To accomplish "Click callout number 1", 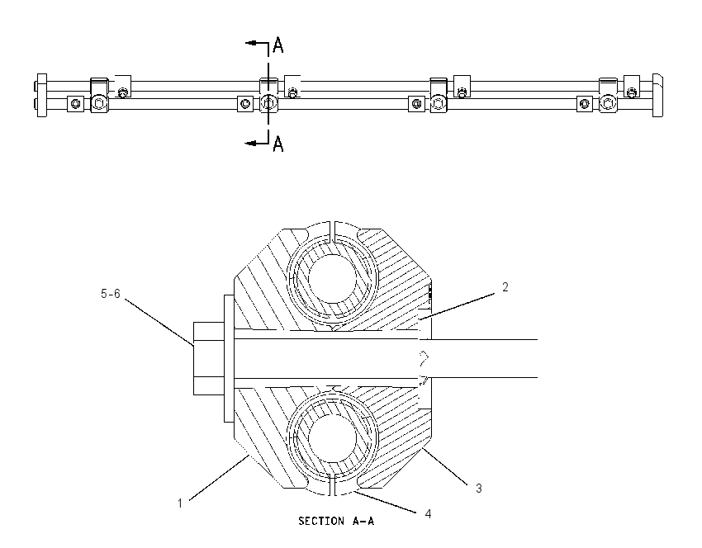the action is pyautogui.click(x=180, y=503).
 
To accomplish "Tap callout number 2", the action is pyautogui.click(x=505, y=287).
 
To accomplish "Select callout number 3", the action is pyautogui.click(x=478, y=489).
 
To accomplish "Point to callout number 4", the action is pyautogui.click(x=428, y=514).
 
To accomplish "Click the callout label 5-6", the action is pyautogui.click(x=111, y=294).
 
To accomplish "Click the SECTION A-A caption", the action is pyautogui.click(x=336, y=521).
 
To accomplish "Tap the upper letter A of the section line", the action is pyautogui.click(x=278, y=45).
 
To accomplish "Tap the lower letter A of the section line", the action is pyautogui.click(x=278, y=144).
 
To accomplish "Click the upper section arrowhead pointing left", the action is pyautogui.click(x=250, y=43).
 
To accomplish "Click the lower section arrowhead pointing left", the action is pyautogui.click(x=250, y=143).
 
